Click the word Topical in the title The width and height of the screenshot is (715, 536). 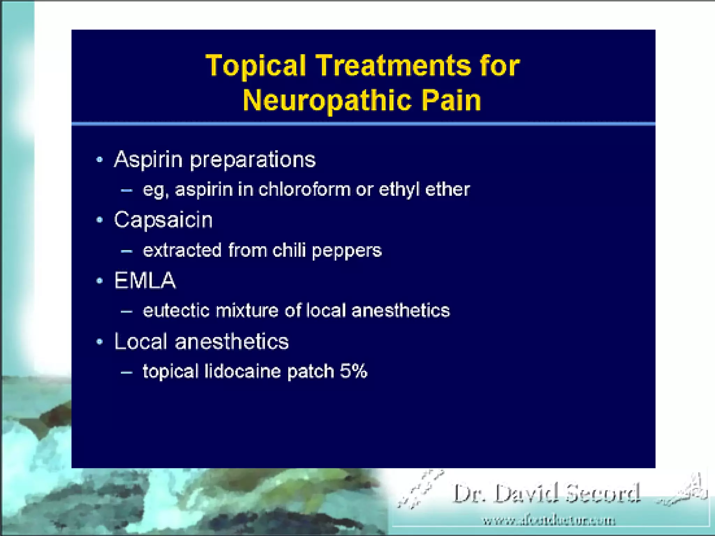coord(256,66)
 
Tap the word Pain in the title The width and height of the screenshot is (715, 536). coord(451,100)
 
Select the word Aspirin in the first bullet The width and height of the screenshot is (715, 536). coord(148,160)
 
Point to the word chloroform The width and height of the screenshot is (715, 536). coord(304,189)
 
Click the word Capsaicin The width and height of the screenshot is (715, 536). coord(163,220)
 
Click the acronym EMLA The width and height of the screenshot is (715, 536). coord(145,281)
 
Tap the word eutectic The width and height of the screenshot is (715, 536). coord(176,311)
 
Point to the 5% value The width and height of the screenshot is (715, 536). coord(353,371)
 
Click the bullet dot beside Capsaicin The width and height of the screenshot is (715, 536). coord(100,220)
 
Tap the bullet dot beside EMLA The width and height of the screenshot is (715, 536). coord(100,281)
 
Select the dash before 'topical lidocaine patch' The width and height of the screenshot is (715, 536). coord(126,372)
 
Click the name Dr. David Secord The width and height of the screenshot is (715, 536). coord(546,493)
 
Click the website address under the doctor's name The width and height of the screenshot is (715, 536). coord(549,521)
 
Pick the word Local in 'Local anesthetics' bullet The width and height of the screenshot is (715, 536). coord(141,341)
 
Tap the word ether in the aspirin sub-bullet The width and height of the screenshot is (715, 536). coord(448,189)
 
